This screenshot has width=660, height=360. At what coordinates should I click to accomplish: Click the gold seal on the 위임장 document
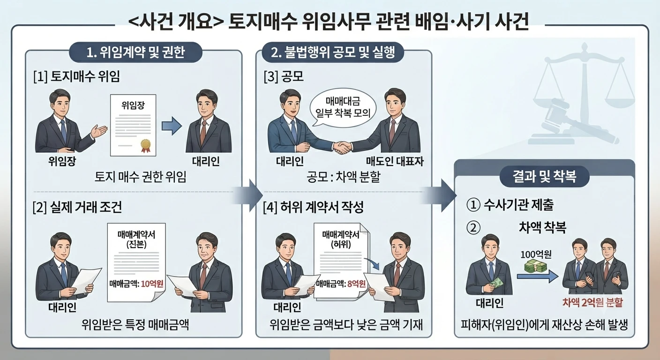pos(146,145)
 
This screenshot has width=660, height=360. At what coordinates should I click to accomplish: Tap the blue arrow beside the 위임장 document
pos(172,126)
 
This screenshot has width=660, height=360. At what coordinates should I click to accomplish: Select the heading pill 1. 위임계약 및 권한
pos(135,52)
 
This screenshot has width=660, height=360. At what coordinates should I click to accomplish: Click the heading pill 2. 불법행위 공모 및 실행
pos(333,52)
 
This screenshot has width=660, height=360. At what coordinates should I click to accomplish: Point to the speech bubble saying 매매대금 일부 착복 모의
pos(343,108)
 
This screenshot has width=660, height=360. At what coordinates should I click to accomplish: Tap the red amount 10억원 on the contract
pos(152,284)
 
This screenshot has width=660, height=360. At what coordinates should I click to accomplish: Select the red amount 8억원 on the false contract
pos(357,284)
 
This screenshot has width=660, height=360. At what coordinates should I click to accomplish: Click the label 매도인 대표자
pos(395,161)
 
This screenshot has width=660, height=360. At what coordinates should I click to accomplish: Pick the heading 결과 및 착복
pos(545,177)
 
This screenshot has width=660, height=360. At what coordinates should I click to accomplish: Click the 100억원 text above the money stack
pos(536,254)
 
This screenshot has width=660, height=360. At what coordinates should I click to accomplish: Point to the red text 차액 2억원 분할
pos(592,302)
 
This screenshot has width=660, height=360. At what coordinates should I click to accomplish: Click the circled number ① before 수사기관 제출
pos(473,205)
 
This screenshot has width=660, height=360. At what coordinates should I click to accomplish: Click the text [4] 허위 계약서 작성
pos(313,207)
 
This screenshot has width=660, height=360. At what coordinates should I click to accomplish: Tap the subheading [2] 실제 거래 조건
pos(77,207)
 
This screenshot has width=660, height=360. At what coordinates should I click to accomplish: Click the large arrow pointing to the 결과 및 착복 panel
pos(440,195)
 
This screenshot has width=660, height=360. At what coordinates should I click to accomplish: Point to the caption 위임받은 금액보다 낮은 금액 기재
pos(346,325)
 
